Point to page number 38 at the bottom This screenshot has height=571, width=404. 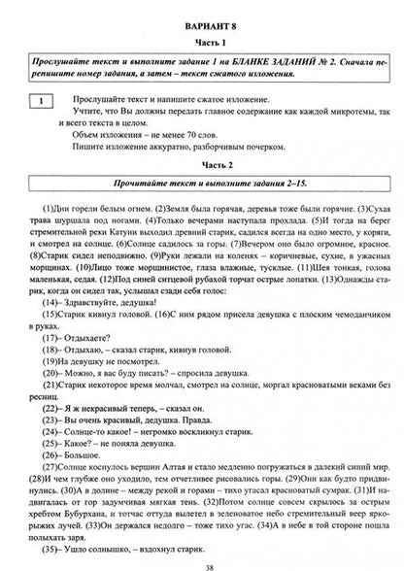coord(203,560)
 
